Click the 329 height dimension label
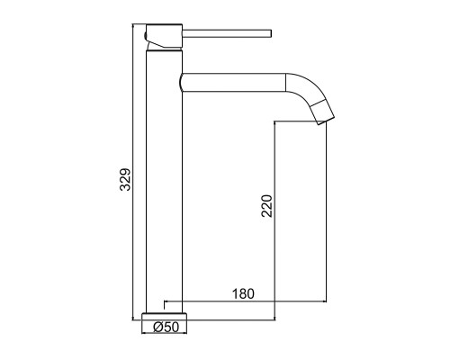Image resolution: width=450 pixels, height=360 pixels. [x=125, y=179]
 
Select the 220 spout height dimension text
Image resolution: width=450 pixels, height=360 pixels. [x=266, y=206]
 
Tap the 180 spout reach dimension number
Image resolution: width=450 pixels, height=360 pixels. [x=243, y=294]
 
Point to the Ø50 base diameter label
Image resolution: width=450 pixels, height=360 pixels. [x=166, y=327]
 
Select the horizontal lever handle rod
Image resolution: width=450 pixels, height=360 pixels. [x=227, y=33]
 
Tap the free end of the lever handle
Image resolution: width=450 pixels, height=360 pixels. [x=271, y=33]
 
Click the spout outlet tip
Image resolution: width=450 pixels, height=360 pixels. [x=326, y=120]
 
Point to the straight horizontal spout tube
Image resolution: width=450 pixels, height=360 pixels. [x=233, y=82]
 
